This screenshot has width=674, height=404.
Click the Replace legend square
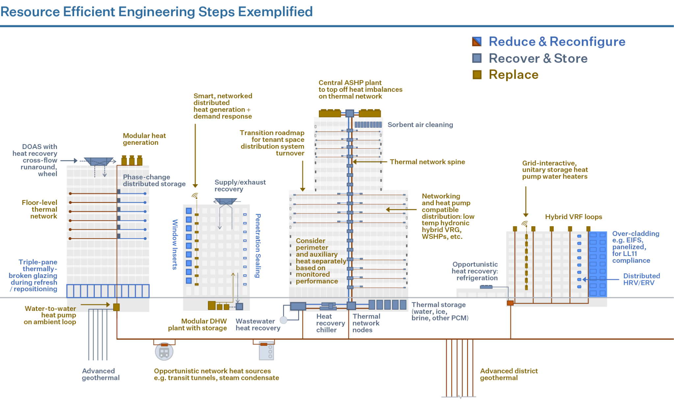(477, 75)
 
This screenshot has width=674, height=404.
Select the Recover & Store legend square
(477, 58)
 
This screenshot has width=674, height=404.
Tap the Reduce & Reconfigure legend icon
(477, 41)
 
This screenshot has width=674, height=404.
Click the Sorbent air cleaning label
(420, 125)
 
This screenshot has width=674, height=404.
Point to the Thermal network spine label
(427, 162)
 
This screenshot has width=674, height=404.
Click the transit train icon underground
(164, 352)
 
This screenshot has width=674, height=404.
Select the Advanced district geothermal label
(508, 374)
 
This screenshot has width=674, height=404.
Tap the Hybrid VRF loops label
(573, 217)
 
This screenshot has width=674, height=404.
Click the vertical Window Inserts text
(175, 244)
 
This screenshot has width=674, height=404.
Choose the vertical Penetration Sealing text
(258, 245)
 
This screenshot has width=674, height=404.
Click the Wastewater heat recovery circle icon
(283, 319)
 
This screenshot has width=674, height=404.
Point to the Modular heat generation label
(144, 139)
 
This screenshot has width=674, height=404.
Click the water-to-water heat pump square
(116, 307)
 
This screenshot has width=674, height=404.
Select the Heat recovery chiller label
(330, 323)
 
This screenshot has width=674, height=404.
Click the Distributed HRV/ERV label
(641, 279)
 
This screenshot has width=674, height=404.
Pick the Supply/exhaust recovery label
(240, 186)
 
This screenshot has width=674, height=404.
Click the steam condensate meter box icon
(266, 352)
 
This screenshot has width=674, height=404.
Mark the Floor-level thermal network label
(39, 210)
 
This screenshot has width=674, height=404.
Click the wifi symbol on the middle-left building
(195, 196)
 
